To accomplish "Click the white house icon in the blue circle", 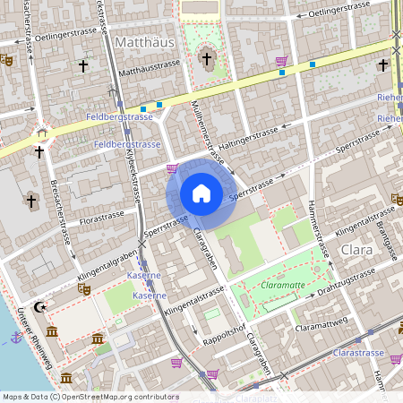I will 201,193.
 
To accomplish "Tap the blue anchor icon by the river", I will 15,338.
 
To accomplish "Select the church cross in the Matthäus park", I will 207,61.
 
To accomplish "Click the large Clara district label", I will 356,250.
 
